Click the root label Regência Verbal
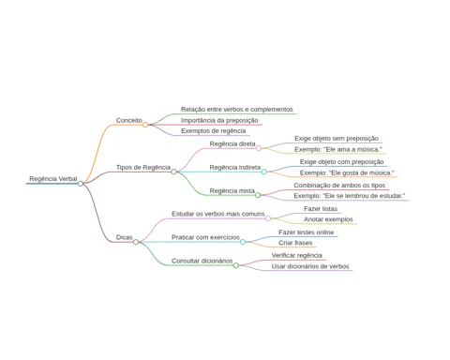pos(53,179)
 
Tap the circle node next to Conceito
pos(145,125)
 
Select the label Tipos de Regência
pos(143,168)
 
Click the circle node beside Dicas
pos(136,242)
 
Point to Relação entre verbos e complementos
pos(237,110)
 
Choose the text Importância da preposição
pos(219,120)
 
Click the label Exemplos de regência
pos(213,131)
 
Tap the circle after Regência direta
pos(259,148)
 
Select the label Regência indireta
pos(235,168)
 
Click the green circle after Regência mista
pos(258,195)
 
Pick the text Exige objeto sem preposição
pos(337,139)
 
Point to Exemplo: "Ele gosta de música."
pos(347,172)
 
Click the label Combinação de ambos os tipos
pos(339,186)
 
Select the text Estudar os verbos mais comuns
pos(218,214)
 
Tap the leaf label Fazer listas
pos(321,209)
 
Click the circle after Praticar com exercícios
pos(243,242)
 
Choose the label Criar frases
pos(295,243)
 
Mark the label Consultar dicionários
pos(202,261)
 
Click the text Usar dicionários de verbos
pos(310,266)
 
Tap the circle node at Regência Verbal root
pos(81,184)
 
